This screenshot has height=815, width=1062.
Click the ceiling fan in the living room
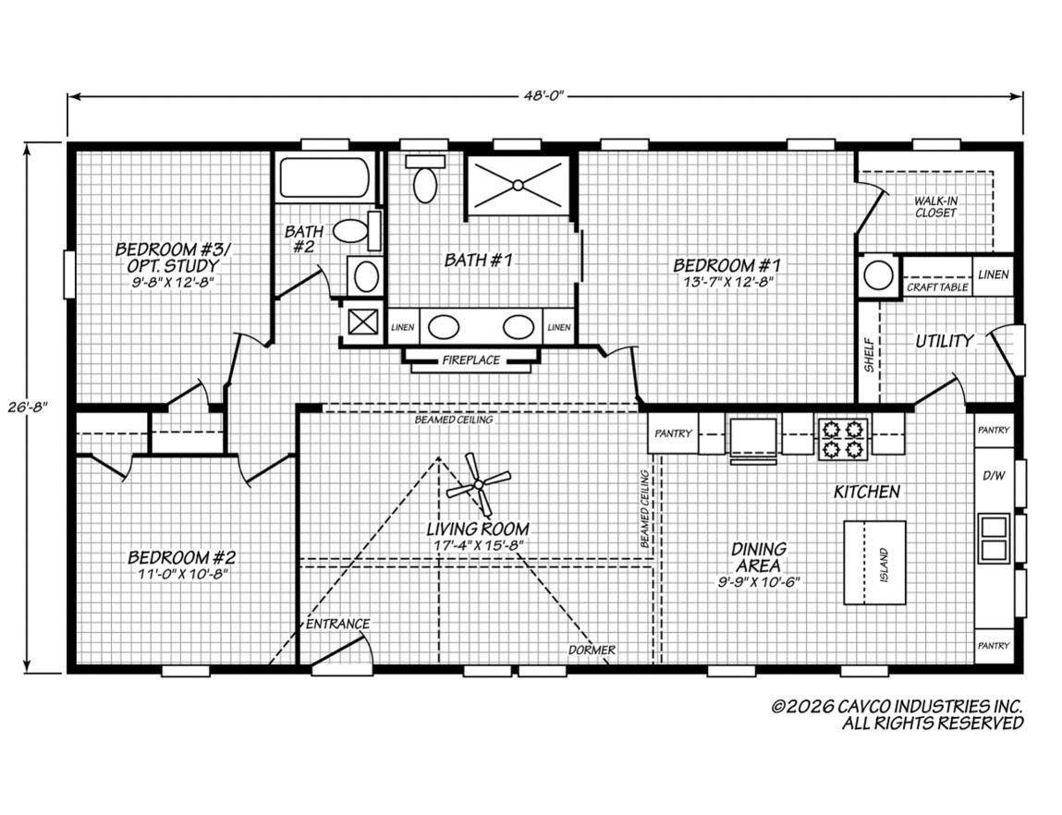(x=479, y=482)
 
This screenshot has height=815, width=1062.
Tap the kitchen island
(x=874, y=562)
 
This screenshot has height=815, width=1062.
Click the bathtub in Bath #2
(x=323, y=177)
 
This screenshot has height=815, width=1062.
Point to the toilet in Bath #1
(x=425, y=179)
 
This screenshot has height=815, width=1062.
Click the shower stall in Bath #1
(x=517, y=185)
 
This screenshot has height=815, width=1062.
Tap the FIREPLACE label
(x=470, y=359)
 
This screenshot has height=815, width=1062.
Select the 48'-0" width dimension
(x=544, y=96)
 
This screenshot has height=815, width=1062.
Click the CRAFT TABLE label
(x=937, y=287)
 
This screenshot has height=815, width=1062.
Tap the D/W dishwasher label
(x=994, y=475)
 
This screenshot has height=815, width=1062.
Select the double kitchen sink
(x=994, y=537)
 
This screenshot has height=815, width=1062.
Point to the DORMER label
(x=592, y=650)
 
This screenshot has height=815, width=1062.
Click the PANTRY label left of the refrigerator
(x=673, y=433)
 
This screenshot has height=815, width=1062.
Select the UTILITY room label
(x=943, y=341)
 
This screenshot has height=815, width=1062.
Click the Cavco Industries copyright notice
(x=897, y=713)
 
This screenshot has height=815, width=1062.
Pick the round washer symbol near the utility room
(x=878, y=274)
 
